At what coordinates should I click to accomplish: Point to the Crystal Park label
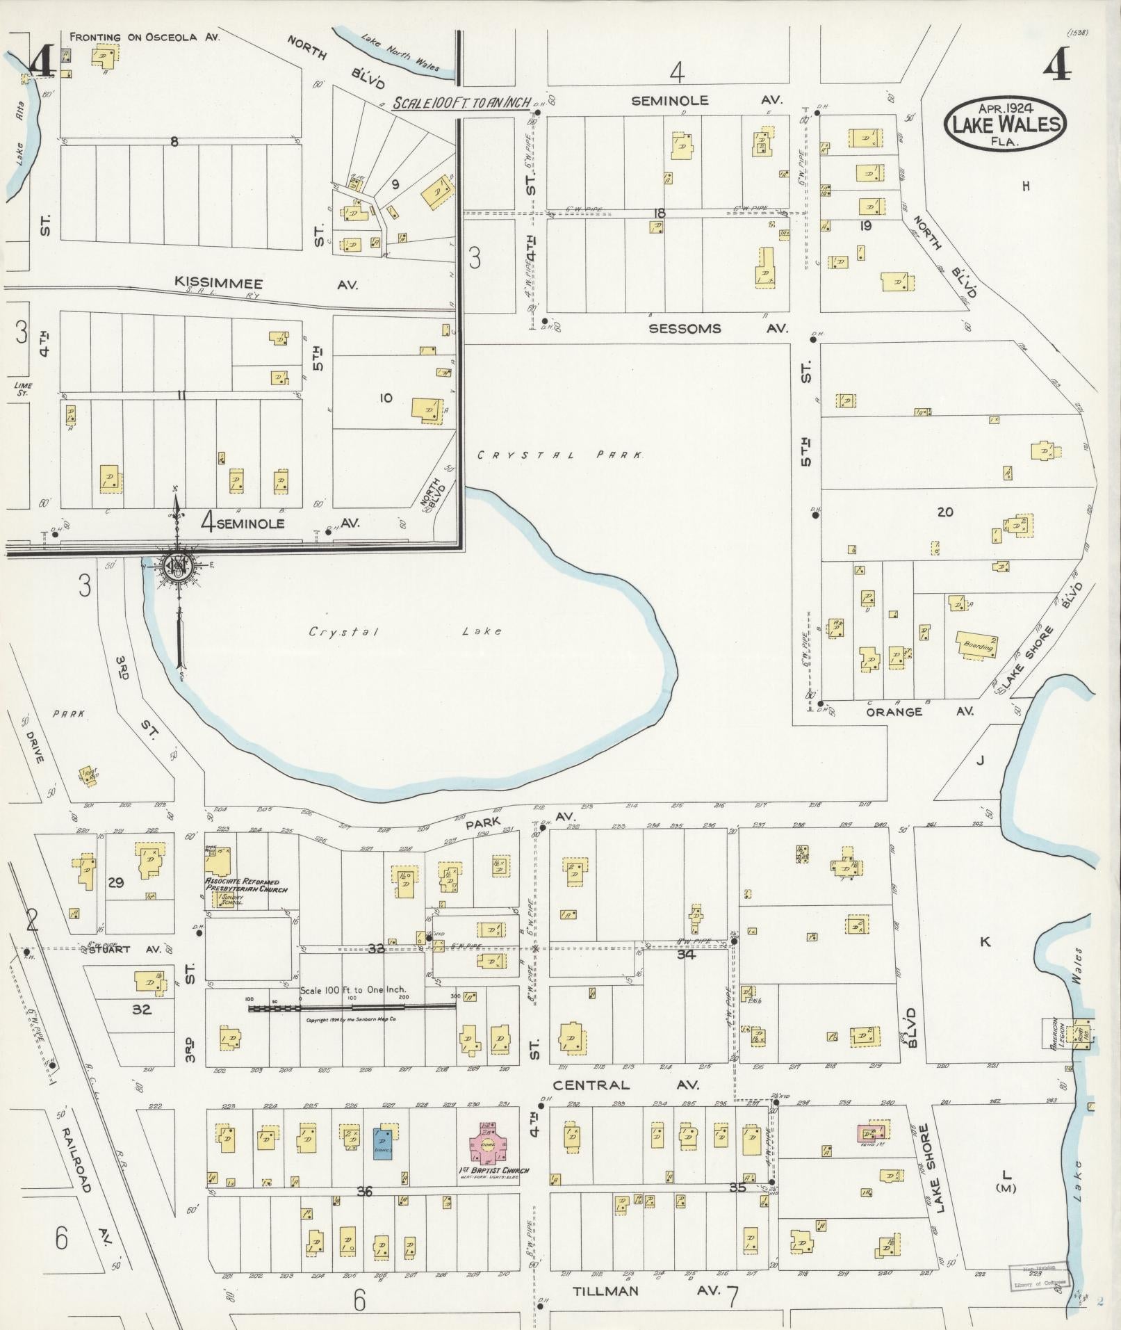[x=560, y=455]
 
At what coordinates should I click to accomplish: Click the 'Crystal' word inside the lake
[x=344, y=631]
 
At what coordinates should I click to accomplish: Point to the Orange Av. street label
[x=919, y=711]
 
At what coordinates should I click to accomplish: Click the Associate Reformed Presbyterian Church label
[x=245, y=885]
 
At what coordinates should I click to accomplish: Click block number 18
[x=659, y=212]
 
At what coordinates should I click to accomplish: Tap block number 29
[x=115, y=882]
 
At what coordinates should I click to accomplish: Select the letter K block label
[x=984, y=942]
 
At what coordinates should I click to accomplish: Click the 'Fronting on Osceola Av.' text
[x=145, y=37]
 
